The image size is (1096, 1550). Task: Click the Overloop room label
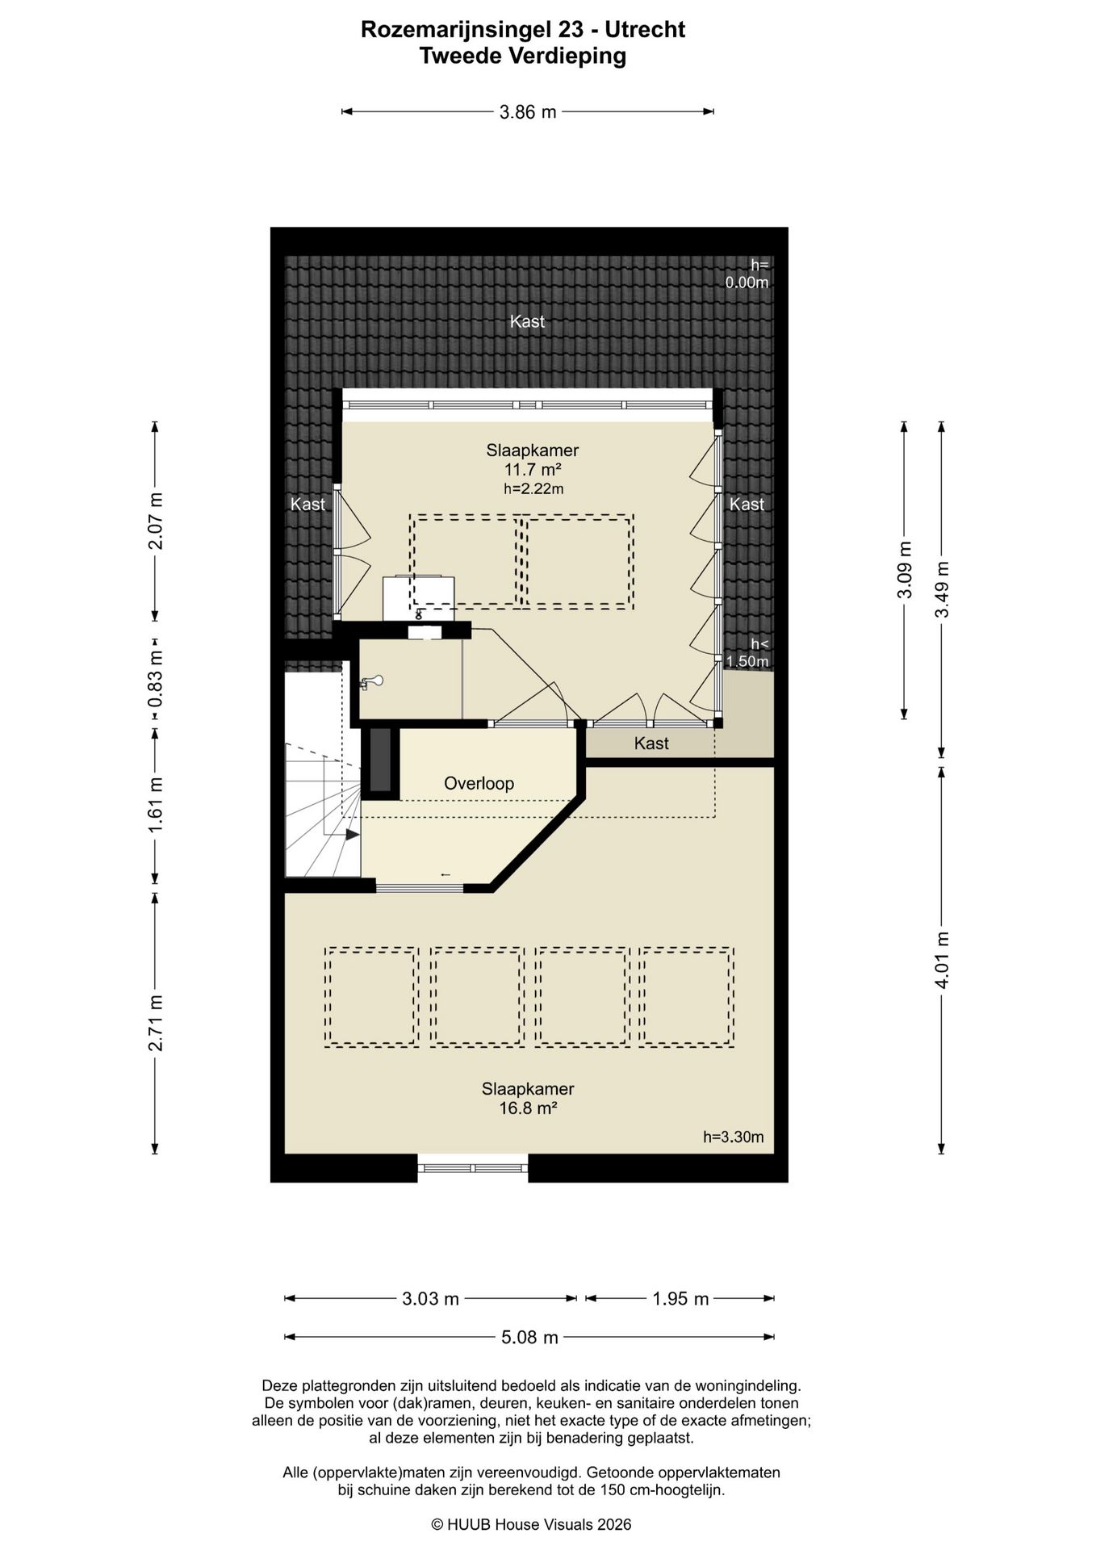click(479, 783)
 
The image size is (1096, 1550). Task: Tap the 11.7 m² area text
click(533, 470)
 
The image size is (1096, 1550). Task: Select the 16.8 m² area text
click(528, 1108)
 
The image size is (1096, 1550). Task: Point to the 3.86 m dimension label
click(528, 112)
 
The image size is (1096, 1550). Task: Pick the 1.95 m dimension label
click(680, 1299)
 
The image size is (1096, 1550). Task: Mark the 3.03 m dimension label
click(430, 1299)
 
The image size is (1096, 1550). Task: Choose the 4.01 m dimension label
click(942, 959)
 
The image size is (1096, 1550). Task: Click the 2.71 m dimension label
click(156, 1023)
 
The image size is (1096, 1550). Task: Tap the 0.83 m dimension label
click(156, 679)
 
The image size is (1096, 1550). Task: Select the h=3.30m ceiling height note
click(733, 1137)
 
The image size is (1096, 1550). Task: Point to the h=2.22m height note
click(533, 488)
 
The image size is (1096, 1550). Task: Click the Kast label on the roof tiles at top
click(527, 321)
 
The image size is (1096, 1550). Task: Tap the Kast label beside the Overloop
click(651, 744)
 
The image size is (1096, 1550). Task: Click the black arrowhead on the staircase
click(352, 835)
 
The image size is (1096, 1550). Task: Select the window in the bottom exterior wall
click(473, 1168)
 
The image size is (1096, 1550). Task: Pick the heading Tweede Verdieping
click(523, 56)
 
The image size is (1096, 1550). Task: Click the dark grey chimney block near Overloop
click(380, 760)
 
